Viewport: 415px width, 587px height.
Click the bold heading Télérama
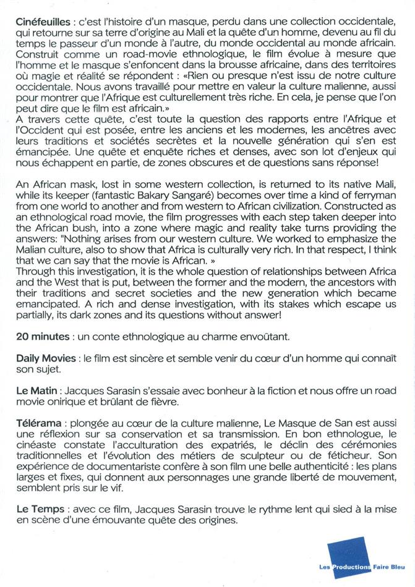click(x=39, y=424)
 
